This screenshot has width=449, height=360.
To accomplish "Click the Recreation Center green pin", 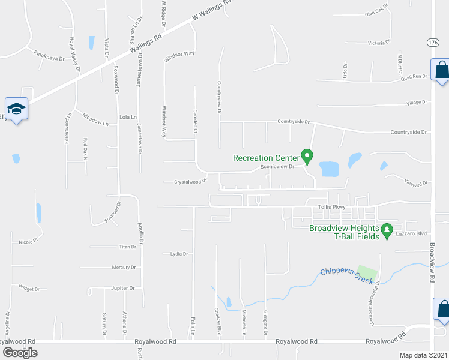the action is pyautogui.click(x=307, y=157).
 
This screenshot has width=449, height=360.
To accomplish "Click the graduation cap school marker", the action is pyautogui.click(x=16, y=109).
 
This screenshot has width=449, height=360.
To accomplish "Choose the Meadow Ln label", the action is pyautogui.click(x=95, y=119).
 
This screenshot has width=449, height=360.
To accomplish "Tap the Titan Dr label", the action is pyautogui.click(x=128, y=247).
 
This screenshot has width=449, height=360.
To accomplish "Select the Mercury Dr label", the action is pyautogui.click(x=124, y=267).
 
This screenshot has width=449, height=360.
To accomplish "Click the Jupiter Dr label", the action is pyautogui.click(x=123, y=288).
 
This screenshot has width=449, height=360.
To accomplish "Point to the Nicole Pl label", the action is pyautogui.click(x=28, y=242).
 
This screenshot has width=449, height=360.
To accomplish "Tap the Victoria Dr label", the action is pyautogui.click(x=379, y=43).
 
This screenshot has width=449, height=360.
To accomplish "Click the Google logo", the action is pyautogui.click(x=20, y=353).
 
